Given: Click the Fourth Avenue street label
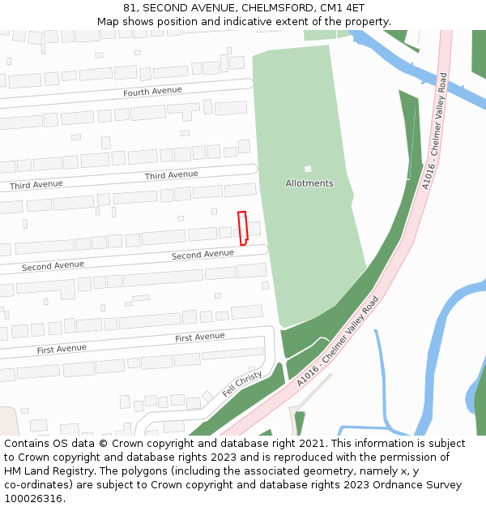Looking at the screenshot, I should coord(149,92).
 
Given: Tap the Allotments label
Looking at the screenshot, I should coord(309,183).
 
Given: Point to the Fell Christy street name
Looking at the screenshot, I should coord(242,384).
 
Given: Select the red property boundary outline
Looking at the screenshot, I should coord(242,227).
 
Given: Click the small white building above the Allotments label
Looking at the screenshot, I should coord(308,169).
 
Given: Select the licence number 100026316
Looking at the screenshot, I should coord(33,498).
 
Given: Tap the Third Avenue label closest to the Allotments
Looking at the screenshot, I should coord(171,175).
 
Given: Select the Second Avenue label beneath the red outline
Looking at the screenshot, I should coord(202,255).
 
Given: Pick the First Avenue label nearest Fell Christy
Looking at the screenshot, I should coord(200,337).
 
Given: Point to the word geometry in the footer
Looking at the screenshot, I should coord(346,471).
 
